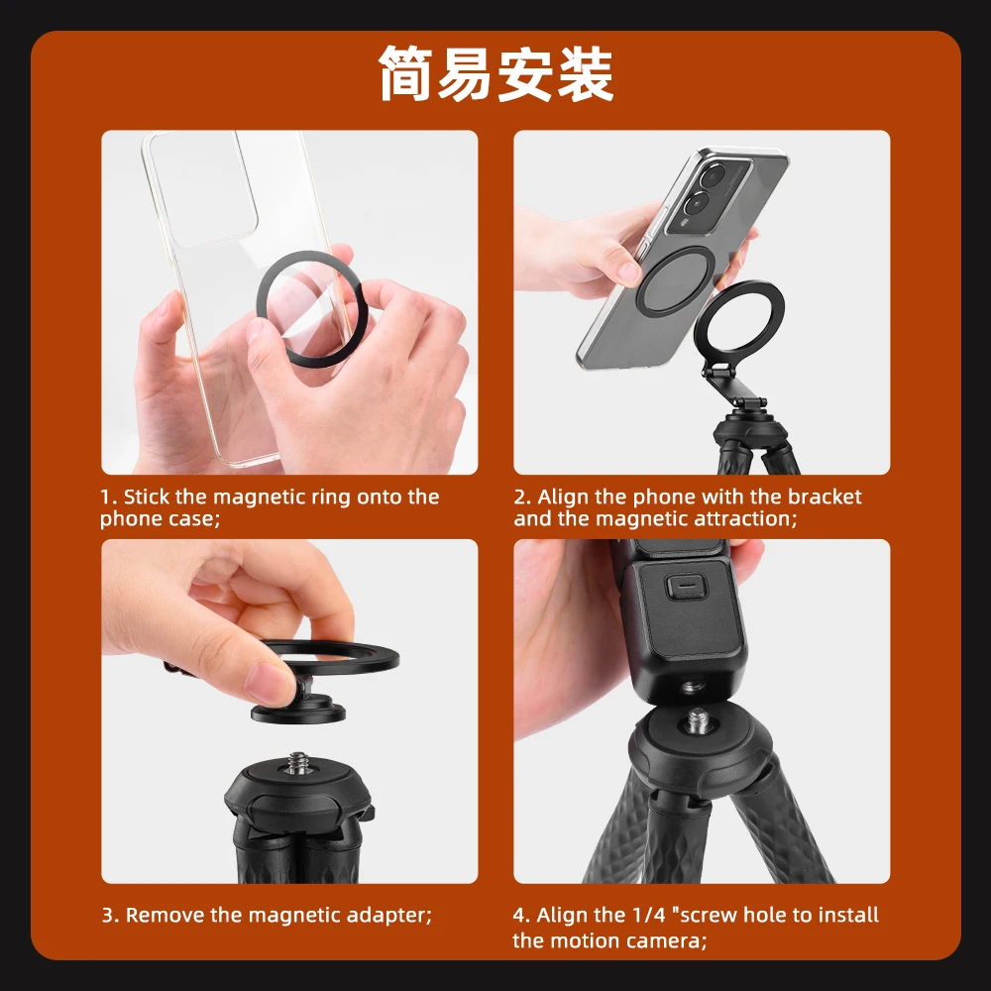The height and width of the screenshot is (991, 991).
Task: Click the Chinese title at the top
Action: [495, 74]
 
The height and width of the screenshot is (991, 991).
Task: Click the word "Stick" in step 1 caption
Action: [147, 497]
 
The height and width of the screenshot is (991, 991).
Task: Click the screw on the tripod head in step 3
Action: [297, 764]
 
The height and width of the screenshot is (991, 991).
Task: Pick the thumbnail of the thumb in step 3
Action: [268, 683]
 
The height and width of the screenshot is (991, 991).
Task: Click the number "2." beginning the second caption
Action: [522, 497]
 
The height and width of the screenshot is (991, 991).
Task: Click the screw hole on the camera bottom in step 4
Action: [692, 684]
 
